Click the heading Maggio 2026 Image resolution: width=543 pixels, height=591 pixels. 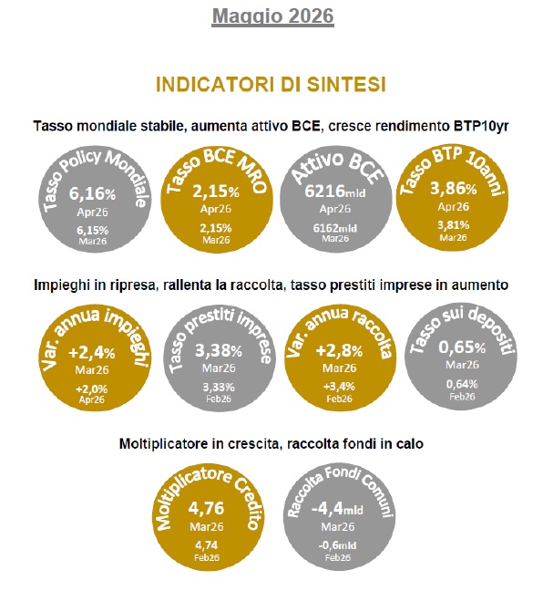pos(272,16)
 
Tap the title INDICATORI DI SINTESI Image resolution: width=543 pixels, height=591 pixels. pos(271,85)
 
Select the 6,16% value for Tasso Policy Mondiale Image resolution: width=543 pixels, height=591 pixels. pos(92,193)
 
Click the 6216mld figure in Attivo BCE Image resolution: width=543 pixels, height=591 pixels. pos(335,192)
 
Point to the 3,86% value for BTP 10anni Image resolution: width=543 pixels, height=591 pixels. pos(454,189)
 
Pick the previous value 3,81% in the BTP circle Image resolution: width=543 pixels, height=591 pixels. pos(454,225)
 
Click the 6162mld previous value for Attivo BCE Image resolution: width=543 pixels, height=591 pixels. pos(335,228)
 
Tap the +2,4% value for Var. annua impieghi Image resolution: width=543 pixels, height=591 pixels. pos(92,353)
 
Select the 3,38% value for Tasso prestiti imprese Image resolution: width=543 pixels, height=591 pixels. pos(219,351)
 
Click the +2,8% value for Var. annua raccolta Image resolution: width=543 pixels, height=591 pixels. pos(339,351)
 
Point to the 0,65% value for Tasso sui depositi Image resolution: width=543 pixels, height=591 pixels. pos(462,347)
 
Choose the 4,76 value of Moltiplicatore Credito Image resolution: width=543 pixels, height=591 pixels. pos(206,508)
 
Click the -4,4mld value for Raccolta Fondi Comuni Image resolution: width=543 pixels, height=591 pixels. pos(337,509)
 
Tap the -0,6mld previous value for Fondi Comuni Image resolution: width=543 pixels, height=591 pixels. pos(337,545)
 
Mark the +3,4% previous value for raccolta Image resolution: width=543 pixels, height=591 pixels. pos(339,387)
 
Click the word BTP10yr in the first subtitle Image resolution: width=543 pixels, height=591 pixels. pos(481,126)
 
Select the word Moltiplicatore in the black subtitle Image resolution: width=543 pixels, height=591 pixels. pos(164,444)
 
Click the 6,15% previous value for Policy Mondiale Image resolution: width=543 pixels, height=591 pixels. pos(92,230)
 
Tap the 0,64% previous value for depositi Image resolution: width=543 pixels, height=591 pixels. pos(462,385)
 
